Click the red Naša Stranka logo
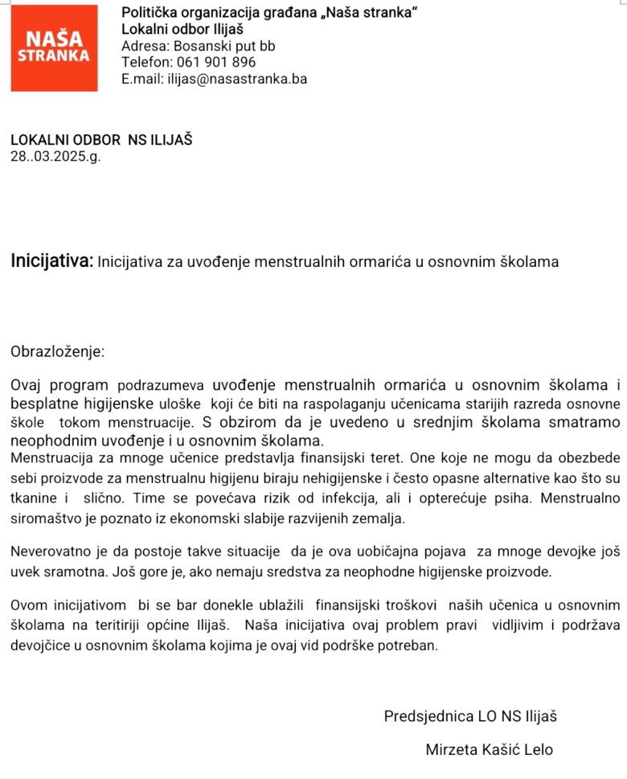[x=54, y=48]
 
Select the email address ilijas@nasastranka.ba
[x=236, y=79]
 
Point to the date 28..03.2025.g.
[x=55, y=156]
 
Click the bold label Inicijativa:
[x=52, y=260]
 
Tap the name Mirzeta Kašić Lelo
[x=489, y=749]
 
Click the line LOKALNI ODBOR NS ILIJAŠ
[x=101, y=140]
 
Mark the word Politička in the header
[x=150, y=13]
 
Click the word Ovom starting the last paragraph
[x=28, y=604]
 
